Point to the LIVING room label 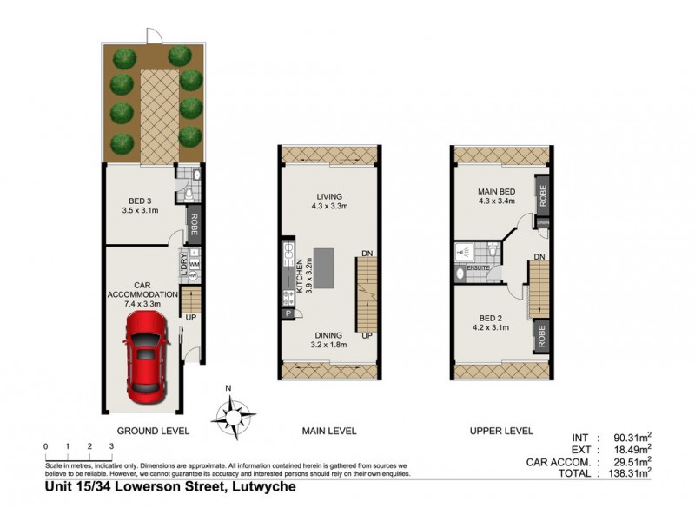tap(329, 201)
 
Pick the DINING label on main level tap(329, 340)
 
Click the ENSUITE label tap(478, 268)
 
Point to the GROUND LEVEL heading tap(153, 431)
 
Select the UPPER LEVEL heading tap(500, 431)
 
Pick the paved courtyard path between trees tap(158, 112)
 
